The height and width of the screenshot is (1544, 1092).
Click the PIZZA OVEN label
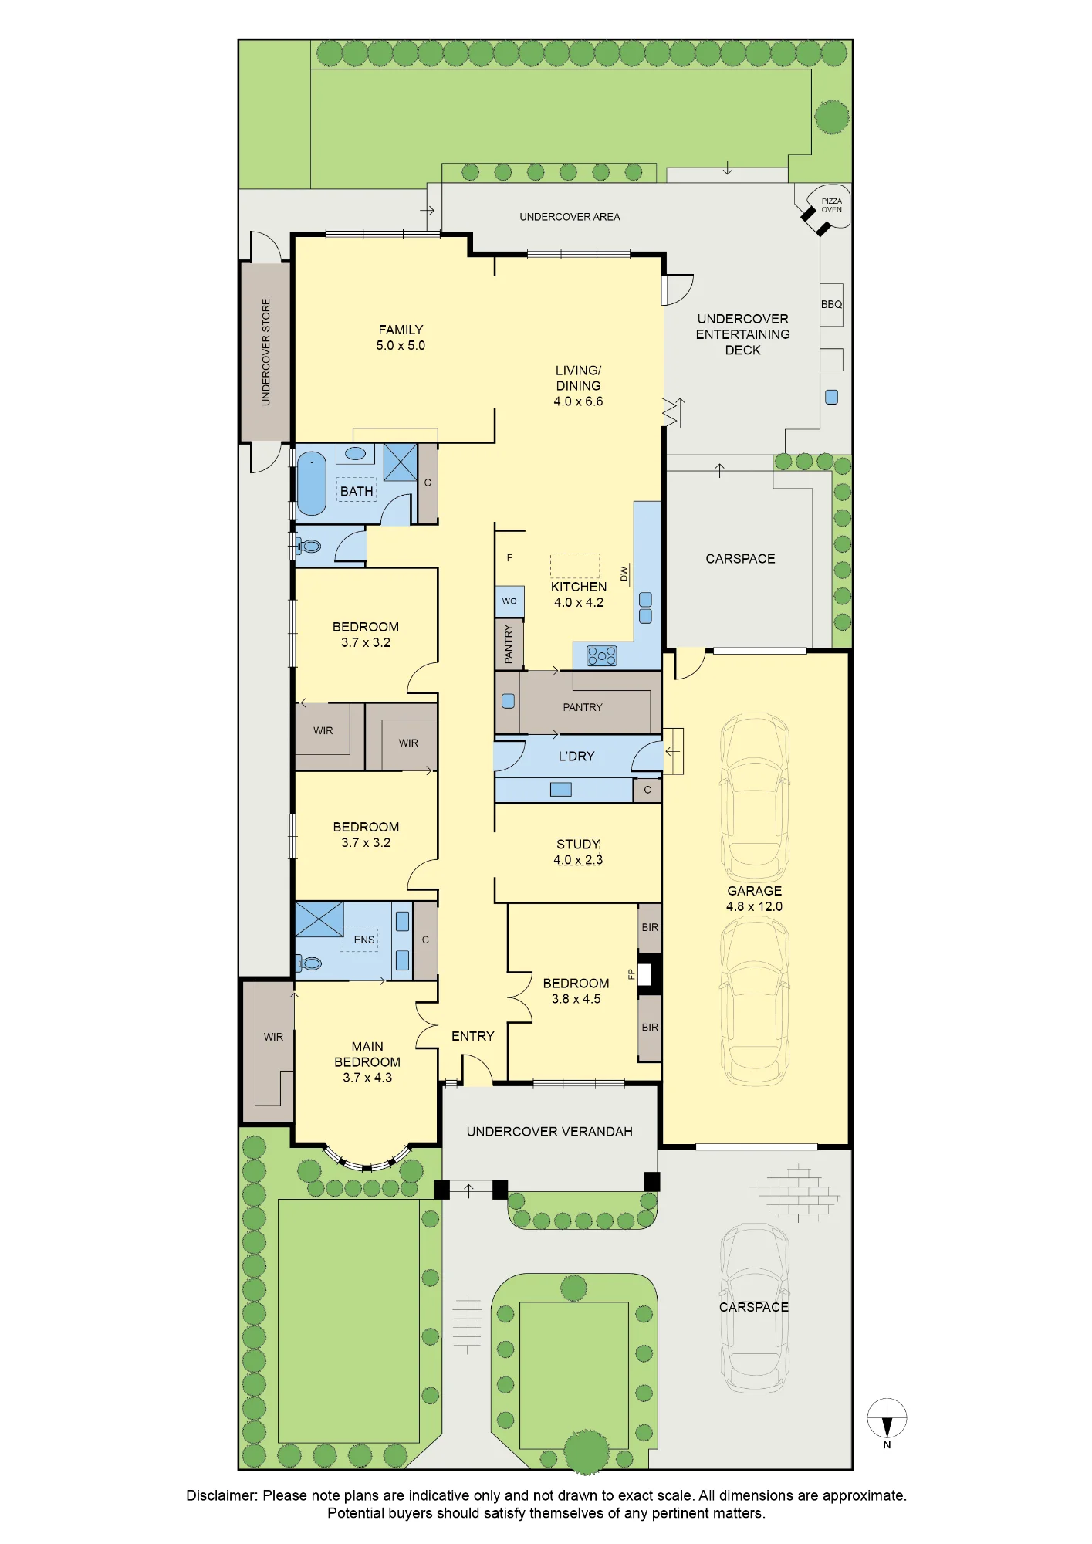[831, 205]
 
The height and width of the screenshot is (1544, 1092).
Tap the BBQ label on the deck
[831, 304]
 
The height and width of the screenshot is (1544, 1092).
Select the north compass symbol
[887, 1422]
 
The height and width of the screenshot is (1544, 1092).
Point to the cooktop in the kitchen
[602, 656]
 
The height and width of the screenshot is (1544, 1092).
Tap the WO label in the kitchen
[509, 601]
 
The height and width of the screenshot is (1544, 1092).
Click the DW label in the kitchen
[624, 574]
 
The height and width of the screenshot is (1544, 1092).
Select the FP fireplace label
[631, 974]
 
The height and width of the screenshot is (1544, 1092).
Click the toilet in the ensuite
[309, 963]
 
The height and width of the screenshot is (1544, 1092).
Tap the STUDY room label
[578, 844]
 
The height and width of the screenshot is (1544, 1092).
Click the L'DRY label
[576, 757]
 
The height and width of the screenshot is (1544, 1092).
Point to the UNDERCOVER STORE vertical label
[266, 352]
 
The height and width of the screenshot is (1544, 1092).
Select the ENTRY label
[473, 1036]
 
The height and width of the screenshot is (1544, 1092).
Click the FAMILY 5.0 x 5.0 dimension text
[401, 346]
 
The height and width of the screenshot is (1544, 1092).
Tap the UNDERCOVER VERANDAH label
[549, 1132]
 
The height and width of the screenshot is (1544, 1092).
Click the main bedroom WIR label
[273, 1037]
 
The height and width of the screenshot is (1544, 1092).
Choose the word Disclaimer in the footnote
[221, 1495]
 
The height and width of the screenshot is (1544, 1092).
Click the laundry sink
[561, 789]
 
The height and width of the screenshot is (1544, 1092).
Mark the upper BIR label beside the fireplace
[650, 927]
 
